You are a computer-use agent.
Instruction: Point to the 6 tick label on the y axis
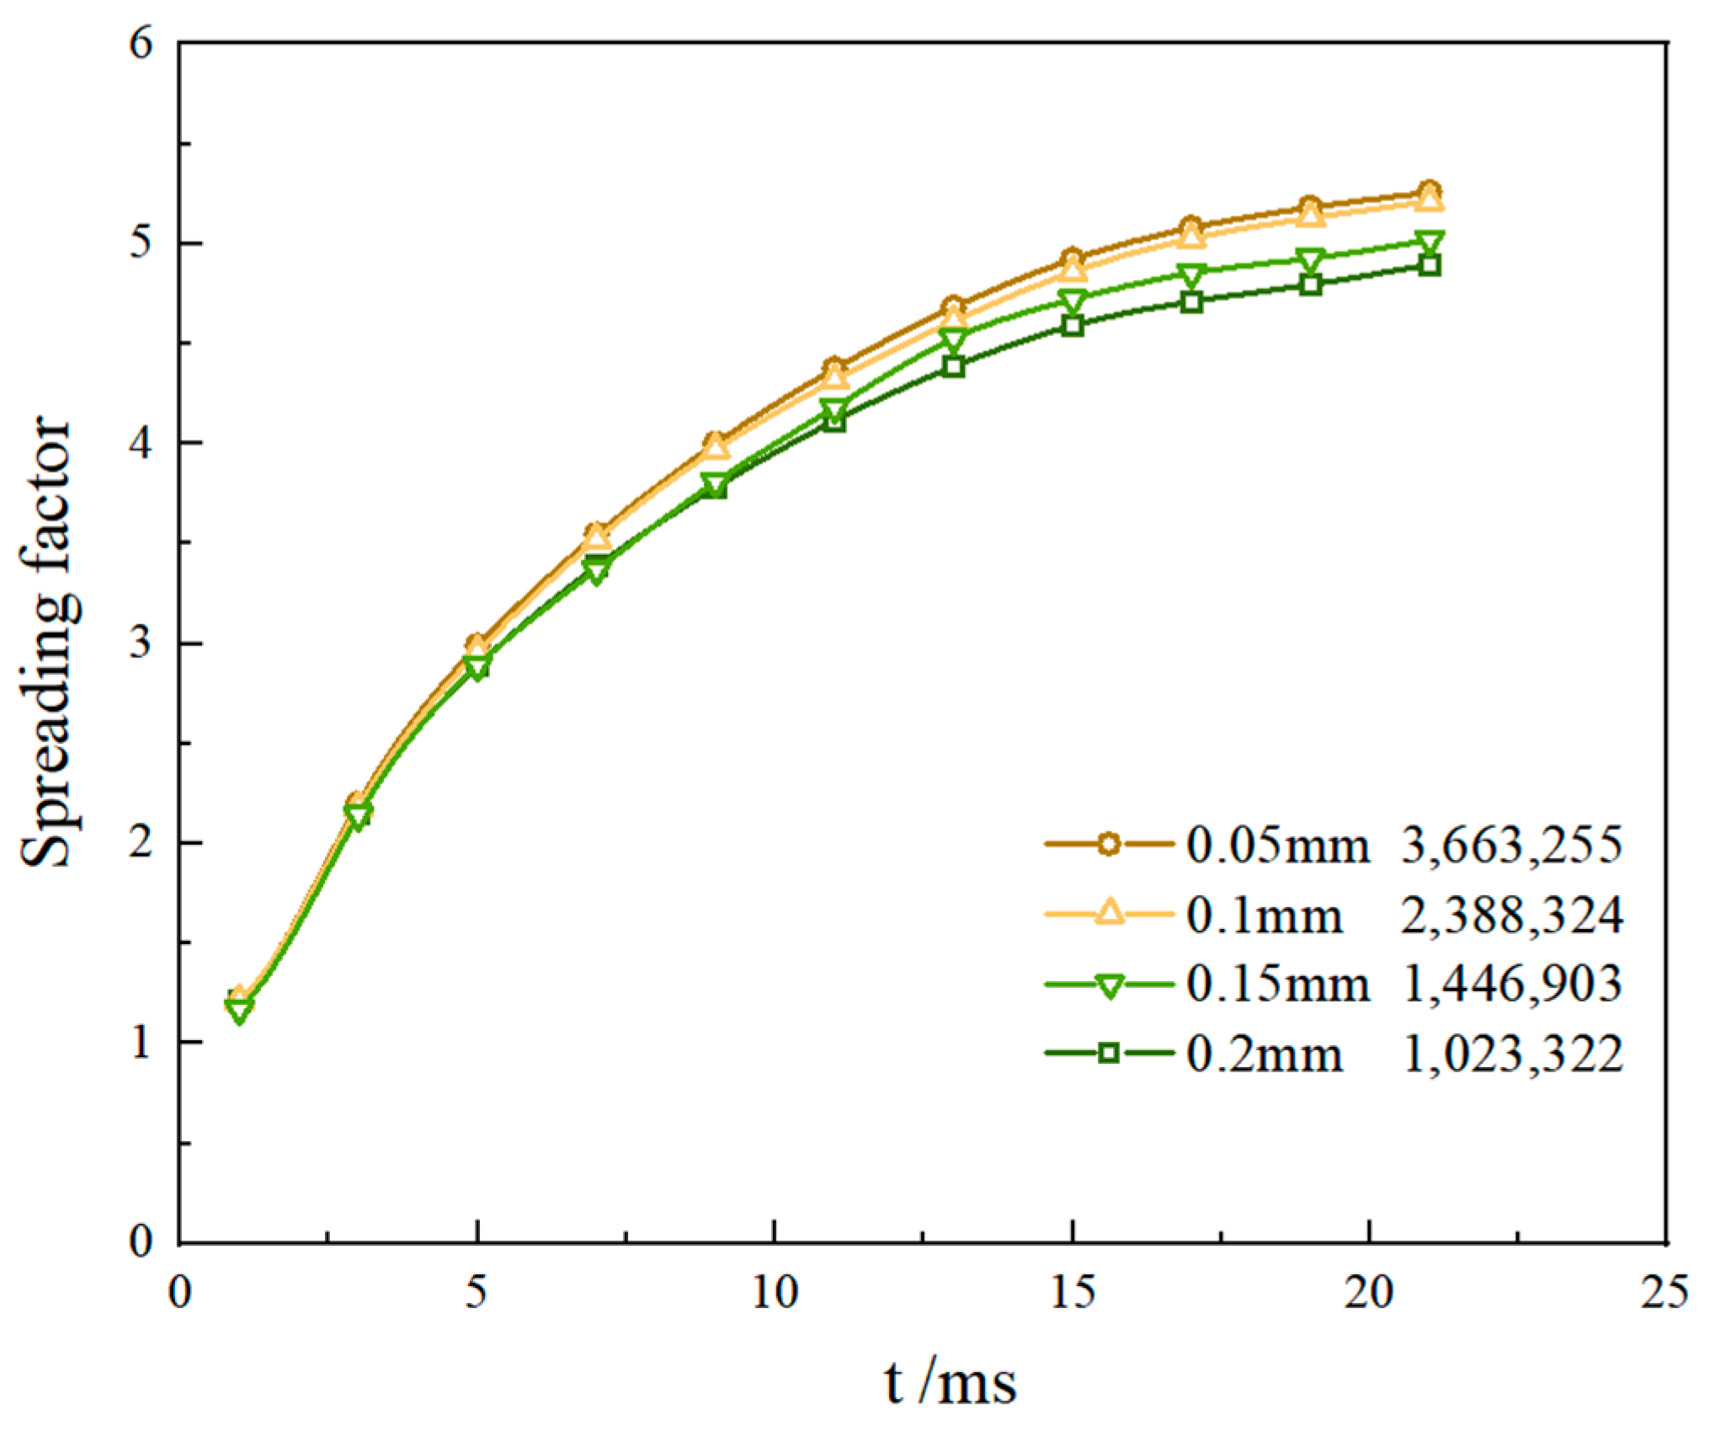tap(141, 42)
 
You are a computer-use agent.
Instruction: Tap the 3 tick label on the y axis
tap(141, 643)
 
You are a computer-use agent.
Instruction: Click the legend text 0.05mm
tap(1278, 845)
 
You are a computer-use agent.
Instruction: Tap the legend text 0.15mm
tap(1278, 984)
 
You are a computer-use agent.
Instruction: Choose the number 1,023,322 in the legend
tap(1512, 1054)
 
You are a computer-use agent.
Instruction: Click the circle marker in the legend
tap(1110, 843)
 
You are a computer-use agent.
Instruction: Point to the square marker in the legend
tap(1110, 1053)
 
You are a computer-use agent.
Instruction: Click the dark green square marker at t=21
tap(1429, 266)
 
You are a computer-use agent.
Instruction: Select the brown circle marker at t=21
tap(1429, 190)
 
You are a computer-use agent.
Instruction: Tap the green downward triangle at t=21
tap(1429, 243)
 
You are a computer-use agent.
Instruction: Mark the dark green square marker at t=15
tap(1072, 326)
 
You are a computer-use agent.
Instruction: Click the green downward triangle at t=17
tap(1191, 275)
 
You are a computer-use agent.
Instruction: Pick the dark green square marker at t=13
tap(953, 366)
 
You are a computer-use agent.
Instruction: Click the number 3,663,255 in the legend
tap(1512, 845)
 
